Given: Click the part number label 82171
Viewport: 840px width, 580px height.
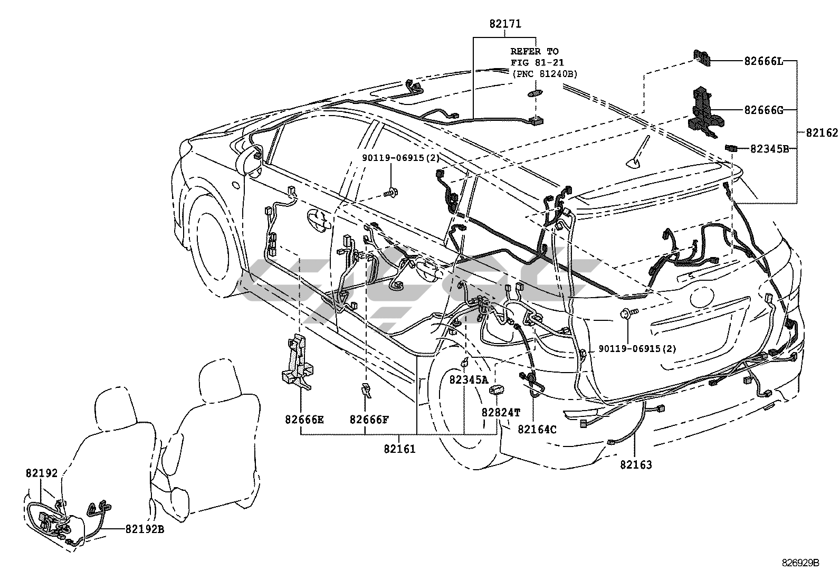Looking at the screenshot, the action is [505, 24].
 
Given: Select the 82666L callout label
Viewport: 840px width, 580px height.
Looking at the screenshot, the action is [764, 61].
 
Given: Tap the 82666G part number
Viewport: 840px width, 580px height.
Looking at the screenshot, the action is [764, 110].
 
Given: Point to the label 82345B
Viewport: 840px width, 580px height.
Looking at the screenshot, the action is [770, 149].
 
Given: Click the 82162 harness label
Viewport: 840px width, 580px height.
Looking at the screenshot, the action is [822, 132].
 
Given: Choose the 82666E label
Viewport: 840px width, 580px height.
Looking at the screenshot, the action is [304, 420].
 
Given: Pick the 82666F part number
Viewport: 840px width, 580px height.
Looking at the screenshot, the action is [369, 420].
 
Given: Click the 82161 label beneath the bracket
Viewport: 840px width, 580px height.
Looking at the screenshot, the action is [400, 449].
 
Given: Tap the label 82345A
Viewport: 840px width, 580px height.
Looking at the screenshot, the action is [469, 379].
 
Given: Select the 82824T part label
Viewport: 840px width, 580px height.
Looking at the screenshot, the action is [501, 412].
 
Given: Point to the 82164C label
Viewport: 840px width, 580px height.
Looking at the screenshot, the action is [537, 429].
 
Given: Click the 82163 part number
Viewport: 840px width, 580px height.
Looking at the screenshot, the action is [636, 465].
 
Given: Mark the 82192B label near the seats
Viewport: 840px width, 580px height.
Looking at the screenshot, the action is [145, 529].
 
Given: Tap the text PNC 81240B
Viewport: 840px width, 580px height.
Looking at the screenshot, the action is [545, 74].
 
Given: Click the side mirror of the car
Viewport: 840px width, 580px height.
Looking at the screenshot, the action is [250, 160].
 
